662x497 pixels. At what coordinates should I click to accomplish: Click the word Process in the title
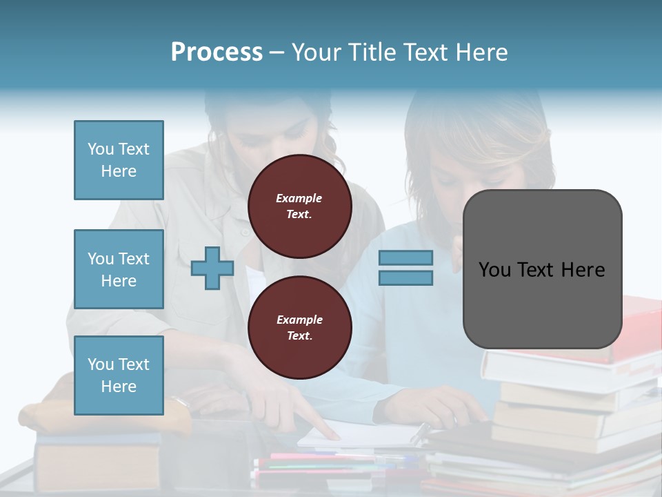pos(217,52)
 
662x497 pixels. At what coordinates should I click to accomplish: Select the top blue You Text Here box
pos(119,160)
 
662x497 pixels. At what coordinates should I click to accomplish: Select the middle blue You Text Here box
pos(119,269)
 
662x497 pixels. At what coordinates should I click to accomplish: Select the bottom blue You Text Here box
pos(119,376)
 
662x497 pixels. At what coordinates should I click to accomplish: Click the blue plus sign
pos(212,268)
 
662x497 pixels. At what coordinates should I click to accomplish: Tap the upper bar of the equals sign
pos(405,257)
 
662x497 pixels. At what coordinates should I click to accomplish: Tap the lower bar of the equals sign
pos(405,277)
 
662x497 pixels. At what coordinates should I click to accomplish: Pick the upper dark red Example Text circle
pos(299,206)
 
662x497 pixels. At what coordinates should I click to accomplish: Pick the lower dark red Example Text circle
pos(299,328)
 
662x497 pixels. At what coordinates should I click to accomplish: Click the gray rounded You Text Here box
pos(542,269)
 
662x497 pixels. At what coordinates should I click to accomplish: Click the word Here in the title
pos(481,52)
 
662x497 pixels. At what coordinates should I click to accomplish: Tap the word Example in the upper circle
pos(299,198)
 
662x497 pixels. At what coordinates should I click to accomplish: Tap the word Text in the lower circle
pos(299,336)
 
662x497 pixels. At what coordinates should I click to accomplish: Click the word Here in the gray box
pos(583,269)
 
